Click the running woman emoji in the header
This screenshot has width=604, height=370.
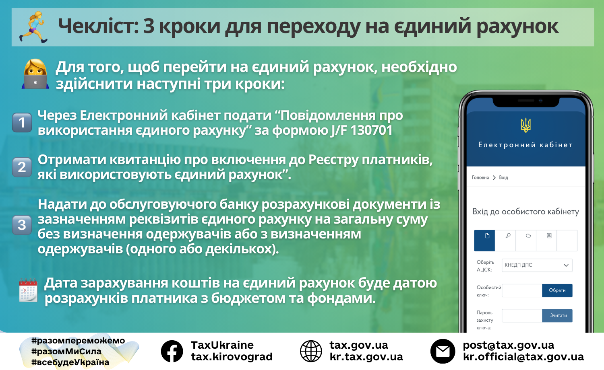(x=34, y=27)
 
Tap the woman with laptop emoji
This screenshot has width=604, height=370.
(x=35, y=74)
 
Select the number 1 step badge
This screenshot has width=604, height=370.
(x=22, y=123)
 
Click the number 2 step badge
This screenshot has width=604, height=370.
(x=22, y=167)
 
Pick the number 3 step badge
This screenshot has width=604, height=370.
(x=22, y=225)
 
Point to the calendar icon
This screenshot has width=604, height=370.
(x=28, y=290)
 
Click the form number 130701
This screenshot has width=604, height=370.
(x=371, y=130)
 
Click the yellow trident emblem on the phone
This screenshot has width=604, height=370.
(x=525, y=125)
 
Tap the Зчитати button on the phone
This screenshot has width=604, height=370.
(x=557, y=315)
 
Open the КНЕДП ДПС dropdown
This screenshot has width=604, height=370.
(x=537, y=265)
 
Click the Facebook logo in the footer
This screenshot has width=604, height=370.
(x=172, y=351)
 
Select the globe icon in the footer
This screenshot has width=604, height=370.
(x=311, y=351)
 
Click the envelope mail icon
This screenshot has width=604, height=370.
(x=443, y=351)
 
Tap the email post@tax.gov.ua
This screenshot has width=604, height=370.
(x=508, y=345)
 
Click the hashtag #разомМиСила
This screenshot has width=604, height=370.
(x=66, y=351)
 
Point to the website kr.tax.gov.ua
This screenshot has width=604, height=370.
(x=366, y=357)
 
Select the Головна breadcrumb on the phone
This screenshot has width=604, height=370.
(x=480, y=177)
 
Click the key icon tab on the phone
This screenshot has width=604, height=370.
(x=508, y=236)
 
